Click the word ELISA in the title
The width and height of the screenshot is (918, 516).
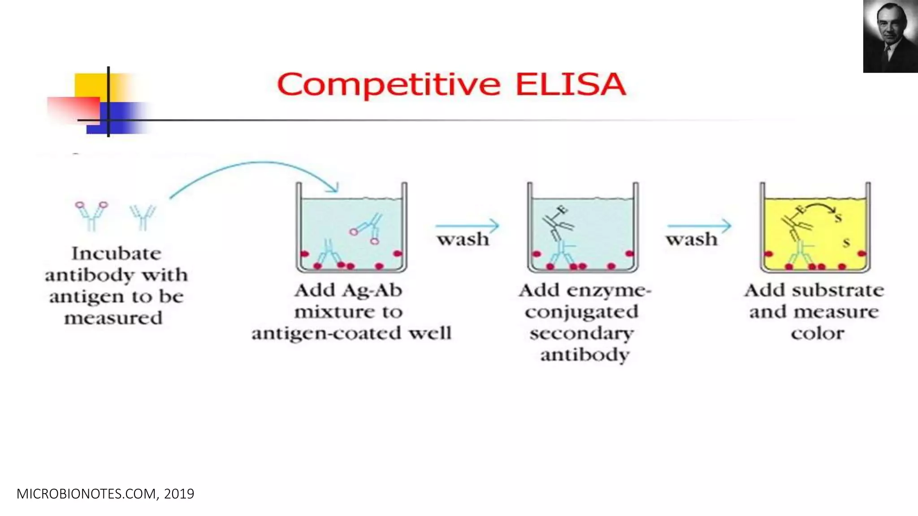tap(570, 84)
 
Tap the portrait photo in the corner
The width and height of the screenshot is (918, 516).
tap(890, 36)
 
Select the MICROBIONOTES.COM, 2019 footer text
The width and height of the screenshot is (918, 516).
tap(105, 494)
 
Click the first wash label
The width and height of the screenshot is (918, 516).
tap(463, 240)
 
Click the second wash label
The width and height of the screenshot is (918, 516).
tap(692, 240)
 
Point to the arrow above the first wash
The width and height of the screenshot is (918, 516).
tap(467, 226)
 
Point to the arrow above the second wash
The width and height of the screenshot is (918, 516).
tap(699, 226)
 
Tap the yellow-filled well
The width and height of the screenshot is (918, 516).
tap(815, 233)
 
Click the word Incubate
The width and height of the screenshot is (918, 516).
tap(116, 254)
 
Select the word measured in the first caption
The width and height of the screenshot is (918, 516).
tap(113, 318)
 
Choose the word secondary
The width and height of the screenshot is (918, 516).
tap(581, 334)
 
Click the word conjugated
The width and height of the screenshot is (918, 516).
tap(581, 312)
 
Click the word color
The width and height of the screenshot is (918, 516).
tap(817, 334)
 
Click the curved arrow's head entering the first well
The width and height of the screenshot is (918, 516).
tap(333, 188)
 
